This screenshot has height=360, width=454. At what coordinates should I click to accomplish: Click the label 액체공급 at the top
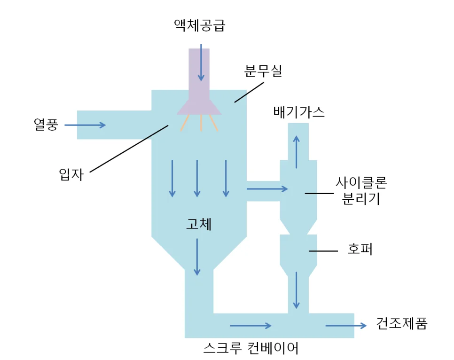coord(199,25)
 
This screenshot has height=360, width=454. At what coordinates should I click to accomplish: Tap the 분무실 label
coord(263,71)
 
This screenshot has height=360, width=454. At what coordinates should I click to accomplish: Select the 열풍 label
coord(46,125)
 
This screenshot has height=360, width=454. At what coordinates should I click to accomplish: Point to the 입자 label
coord(71,174)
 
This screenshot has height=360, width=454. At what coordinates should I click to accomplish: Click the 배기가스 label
coord(299,112)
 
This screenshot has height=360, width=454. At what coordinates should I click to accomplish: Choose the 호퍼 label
coord(360,249)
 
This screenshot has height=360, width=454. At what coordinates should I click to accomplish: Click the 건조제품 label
coord(401,323)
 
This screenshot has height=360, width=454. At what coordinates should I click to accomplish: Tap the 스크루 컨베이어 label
coord(251,348)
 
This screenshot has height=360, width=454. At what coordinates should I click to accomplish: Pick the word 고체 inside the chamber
coord(199,224)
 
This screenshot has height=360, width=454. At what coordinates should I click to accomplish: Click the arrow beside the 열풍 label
coord(85,125)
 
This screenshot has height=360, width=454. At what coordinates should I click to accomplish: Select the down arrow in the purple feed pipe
coord(201,63)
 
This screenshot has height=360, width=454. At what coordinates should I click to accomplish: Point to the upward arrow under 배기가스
coord(296,152)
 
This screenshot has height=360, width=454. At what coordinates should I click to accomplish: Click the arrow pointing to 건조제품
coord(346,326)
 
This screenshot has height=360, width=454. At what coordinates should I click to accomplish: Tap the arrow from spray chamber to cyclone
coord(267,189)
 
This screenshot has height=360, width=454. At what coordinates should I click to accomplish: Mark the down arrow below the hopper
coord(296,290)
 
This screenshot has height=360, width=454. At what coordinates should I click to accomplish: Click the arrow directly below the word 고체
coord(197,257)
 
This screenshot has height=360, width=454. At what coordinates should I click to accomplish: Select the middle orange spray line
coord(201,123)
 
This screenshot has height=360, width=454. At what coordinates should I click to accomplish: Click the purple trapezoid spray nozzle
coord(199,107)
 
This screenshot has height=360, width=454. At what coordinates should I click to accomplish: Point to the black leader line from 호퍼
coord(323,251)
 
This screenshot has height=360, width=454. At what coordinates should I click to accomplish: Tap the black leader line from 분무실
coord(249,93)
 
